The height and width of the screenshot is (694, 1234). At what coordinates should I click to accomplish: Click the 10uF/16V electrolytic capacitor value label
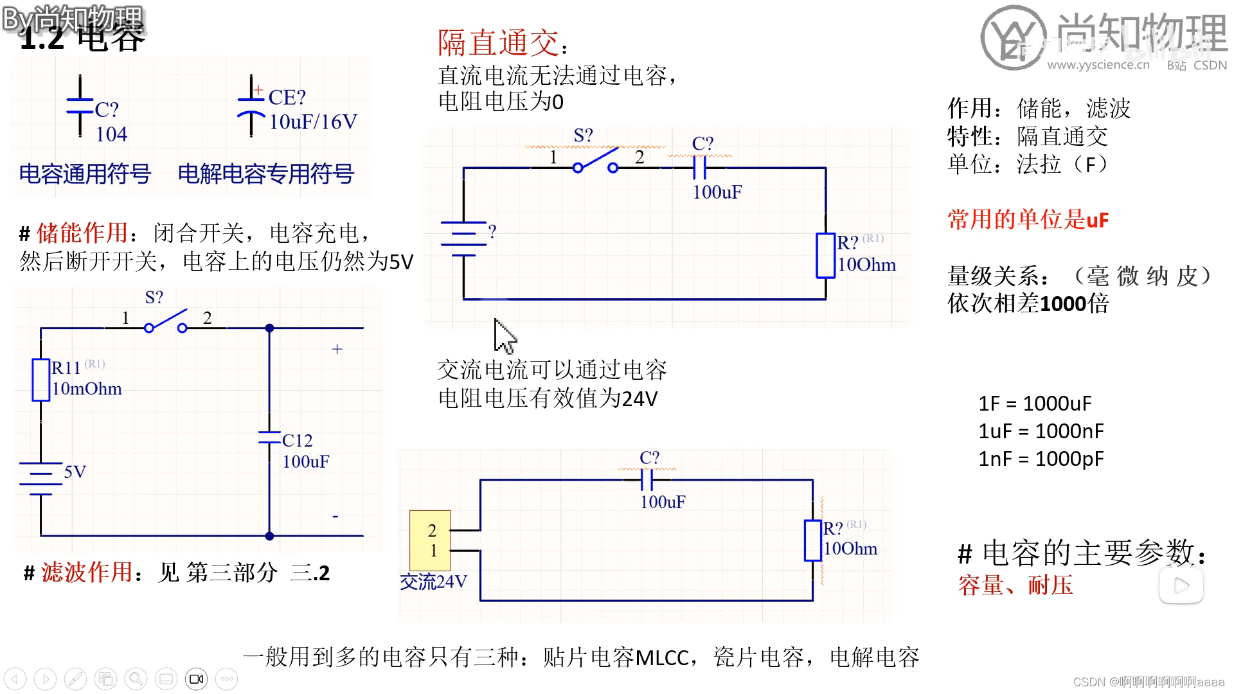click(312, 121)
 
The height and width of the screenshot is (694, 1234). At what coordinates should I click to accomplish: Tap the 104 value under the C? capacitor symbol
click(111, 134)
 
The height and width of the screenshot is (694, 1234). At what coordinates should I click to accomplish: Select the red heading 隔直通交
click(498, 43)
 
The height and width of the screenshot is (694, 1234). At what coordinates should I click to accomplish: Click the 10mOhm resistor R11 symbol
click(41, 380)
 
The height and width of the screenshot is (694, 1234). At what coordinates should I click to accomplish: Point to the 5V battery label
click(75, 472)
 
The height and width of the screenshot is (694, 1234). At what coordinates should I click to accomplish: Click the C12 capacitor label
click(297, 441)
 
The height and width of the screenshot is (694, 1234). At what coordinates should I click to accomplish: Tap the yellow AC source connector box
click(430, 540)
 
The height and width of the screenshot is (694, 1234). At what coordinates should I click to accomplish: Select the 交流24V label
click(433, 582)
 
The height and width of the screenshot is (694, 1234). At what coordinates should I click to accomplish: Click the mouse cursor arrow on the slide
click(505, 336)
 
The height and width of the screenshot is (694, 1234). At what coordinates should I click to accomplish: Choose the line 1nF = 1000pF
click(1041, 459)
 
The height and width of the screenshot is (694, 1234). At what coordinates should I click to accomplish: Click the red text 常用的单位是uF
click(1028, 220)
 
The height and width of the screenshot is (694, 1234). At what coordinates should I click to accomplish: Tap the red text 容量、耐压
click(1015, 585)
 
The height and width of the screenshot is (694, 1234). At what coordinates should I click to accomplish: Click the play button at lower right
click(1181, 585)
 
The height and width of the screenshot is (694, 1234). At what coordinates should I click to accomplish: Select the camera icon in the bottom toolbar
click(197, 679)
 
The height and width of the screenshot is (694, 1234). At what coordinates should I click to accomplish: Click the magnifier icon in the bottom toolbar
click(136, 679)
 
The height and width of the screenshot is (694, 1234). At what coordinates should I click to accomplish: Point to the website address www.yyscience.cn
click(1098, 65)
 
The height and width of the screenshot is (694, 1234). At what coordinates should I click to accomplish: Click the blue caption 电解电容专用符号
click(265, 173)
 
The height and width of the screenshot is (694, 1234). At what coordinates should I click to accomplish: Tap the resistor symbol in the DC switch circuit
click(825, 256)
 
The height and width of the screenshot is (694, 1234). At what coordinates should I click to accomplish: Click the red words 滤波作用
click(87, 572)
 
